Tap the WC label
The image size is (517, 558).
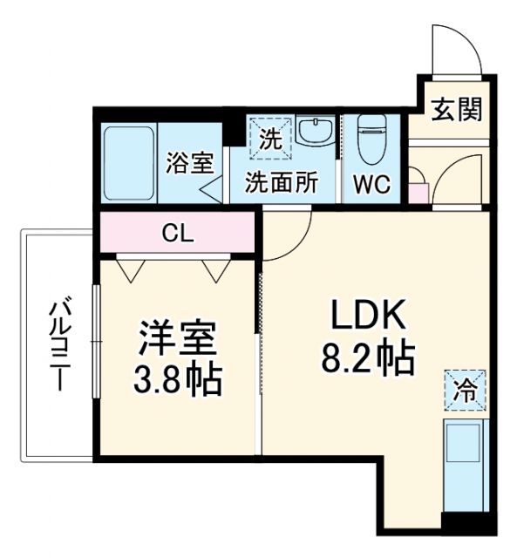click(372, 184)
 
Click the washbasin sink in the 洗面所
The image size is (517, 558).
click(313, 133)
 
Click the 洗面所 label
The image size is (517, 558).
click(280, 184)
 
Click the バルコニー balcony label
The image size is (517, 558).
click(60, 344)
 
